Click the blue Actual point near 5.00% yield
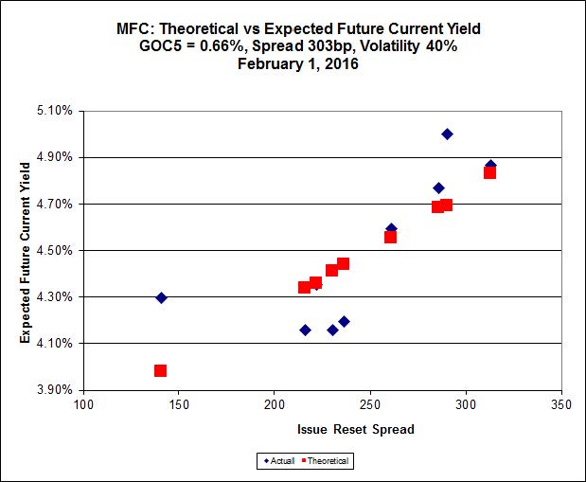click(447, 134)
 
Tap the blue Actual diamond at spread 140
click(161, 297)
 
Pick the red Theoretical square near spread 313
click(489, 172)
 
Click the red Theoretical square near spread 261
click(390, 237)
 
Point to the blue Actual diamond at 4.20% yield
click(344, 321)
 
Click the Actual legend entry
click(279, 461)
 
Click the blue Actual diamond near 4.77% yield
click(438, 187)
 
